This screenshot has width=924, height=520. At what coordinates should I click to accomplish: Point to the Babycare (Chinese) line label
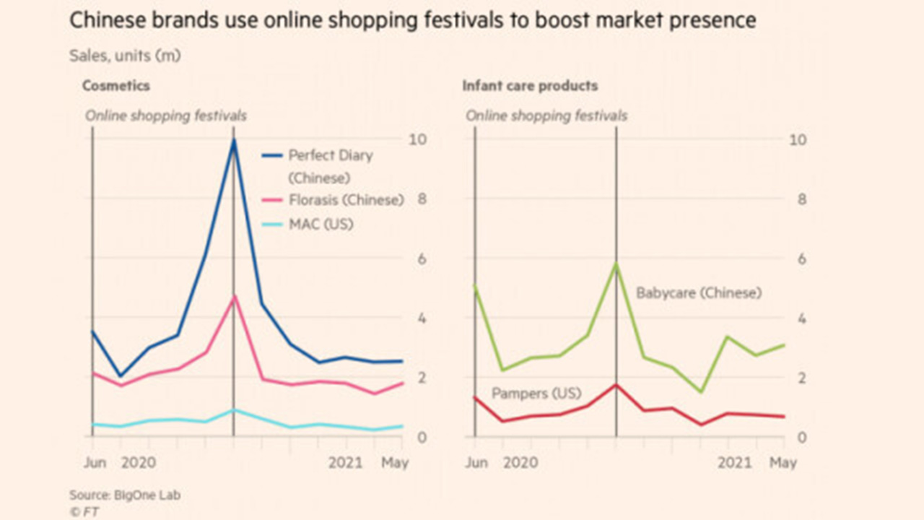[x=698, y=293]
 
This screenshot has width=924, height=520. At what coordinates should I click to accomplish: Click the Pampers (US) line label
[x=536, y=394]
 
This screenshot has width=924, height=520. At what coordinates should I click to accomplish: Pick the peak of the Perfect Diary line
[x=233, y=141]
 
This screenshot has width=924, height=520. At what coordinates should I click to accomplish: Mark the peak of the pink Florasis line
[x=233, y=297]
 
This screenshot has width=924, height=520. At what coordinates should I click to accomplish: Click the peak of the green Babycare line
[x=616, y=264]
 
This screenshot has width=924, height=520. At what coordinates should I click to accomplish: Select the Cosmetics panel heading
[x=115, y=86]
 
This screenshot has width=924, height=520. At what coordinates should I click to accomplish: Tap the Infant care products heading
[x=530, y=86]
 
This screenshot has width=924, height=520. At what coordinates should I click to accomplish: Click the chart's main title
[x=412, y=20]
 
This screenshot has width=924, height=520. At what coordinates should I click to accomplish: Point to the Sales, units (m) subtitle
[x=125, y=56]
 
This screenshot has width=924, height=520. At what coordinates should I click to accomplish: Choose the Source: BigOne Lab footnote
[x=125, y=495]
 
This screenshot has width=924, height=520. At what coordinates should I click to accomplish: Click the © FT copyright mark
[x=84, y=511]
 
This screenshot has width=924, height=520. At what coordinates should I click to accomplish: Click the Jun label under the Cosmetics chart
[x=94, y=462]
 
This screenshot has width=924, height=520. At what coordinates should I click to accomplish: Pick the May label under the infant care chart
[x=783, y=462]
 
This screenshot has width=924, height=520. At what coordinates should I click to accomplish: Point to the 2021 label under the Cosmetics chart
[x=346, y=462]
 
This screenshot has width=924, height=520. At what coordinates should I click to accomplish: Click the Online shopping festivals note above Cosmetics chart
[x=166, y=116]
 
